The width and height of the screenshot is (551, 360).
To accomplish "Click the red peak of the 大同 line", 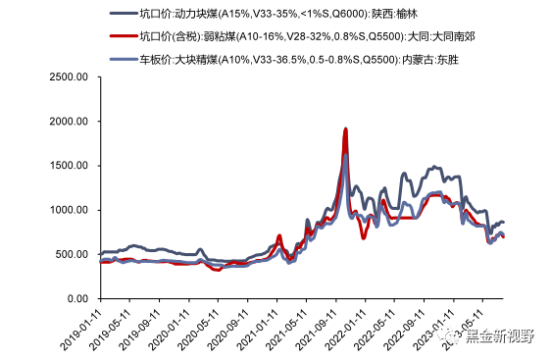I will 345,129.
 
